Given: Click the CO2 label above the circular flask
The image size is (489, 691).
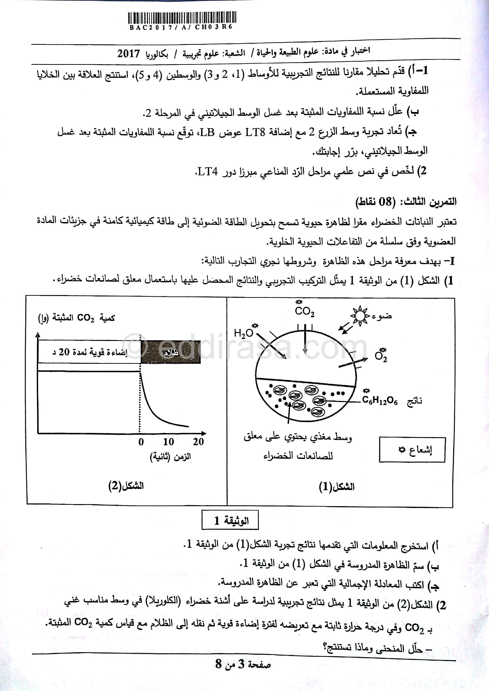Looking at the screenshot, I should (304, 311).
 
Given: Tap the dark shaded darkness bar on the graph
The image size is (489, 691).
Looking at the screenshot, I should (171, 352).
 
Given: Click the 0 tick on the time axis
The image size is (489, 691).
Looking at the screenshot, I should (141, 442).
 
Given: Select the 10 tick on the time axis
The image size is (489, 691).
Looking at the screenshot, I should (169, 442).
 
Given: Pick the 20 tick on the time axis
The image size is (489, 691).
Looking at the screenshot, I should (198, 442).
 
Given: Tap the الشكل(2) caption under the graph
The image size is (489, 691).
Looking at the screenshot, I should (126, 486).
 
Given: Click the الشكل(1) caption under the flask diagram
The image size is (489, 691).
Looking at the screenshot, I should (337, 487).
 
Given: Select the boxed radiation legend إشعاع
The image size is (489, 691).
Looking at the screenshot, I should (412, 450).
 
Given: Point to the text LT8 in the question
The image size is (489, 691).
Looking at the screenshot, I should (255, 132).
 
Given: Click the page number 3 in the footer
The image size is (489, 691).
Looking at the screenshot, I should (241, 673).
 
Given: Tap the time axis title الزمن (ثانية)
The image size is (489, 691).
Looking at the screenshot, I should (170, 457).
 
